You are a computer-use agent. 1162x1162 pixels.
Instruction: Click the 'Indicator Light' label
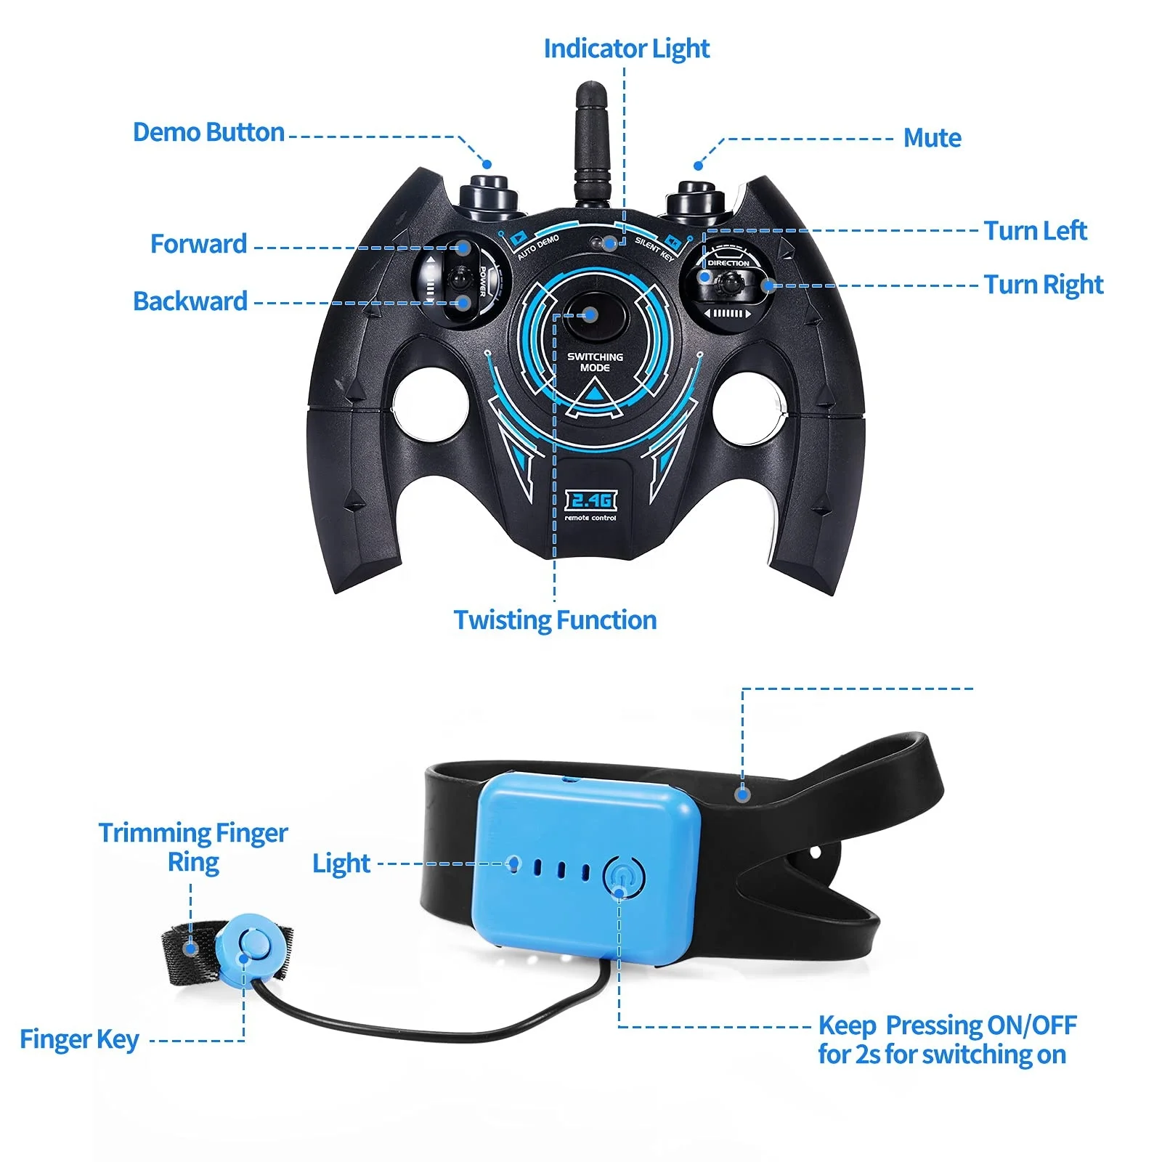[x=626, y=49]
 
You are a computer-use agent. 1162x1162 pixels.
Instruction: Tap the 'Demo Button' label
[x=208, y=132]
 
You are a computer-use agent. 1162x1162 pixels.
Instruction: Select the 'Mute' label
[x=932, y=137]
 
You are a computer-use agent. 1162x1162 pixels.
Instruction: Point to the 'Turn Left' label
[x=1035, y=230]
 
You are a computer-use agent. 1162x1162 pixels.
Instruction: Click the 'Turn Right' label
[x=1043, y=284]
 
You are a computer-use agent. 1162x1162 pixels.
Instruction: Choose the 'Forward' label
[x=198, y=243]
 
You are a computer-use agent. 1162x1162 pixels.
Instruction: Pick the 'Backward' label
[x=190, y=301]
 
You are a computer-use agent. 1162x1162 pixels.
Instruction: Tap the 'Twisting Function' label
[x=555, y=619]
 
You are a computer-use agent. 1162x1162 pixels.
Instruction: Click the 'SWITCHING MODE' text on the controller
[x=595, y=362]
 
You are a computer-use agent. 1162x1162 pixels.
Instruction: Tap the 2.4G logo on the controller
[x=590, y=500]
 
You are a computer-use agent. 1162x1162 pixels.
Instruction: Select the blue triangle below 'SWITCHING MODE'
[x=596, y=393]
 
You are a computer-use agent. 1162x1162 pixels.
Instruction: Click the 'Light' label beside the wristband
[x=341, y=863]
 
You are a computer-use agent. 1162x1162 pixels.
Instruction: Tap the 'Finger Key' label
[x=79, y=1039]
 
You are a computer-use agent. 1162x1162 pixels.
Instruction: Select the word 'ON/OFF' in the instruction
[x=1031, y=1025]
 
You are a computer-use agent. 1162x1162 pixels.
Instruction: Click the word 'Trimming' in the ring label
[x=150, y=832]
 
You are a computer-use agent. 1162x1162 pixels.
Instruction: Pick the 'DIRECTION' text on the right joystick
[x=728, y=263]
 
